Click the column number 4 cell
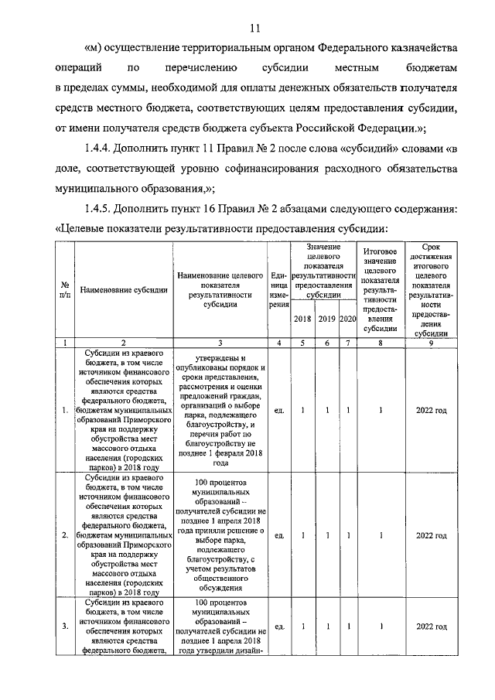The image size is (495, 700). click(278, 342)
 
